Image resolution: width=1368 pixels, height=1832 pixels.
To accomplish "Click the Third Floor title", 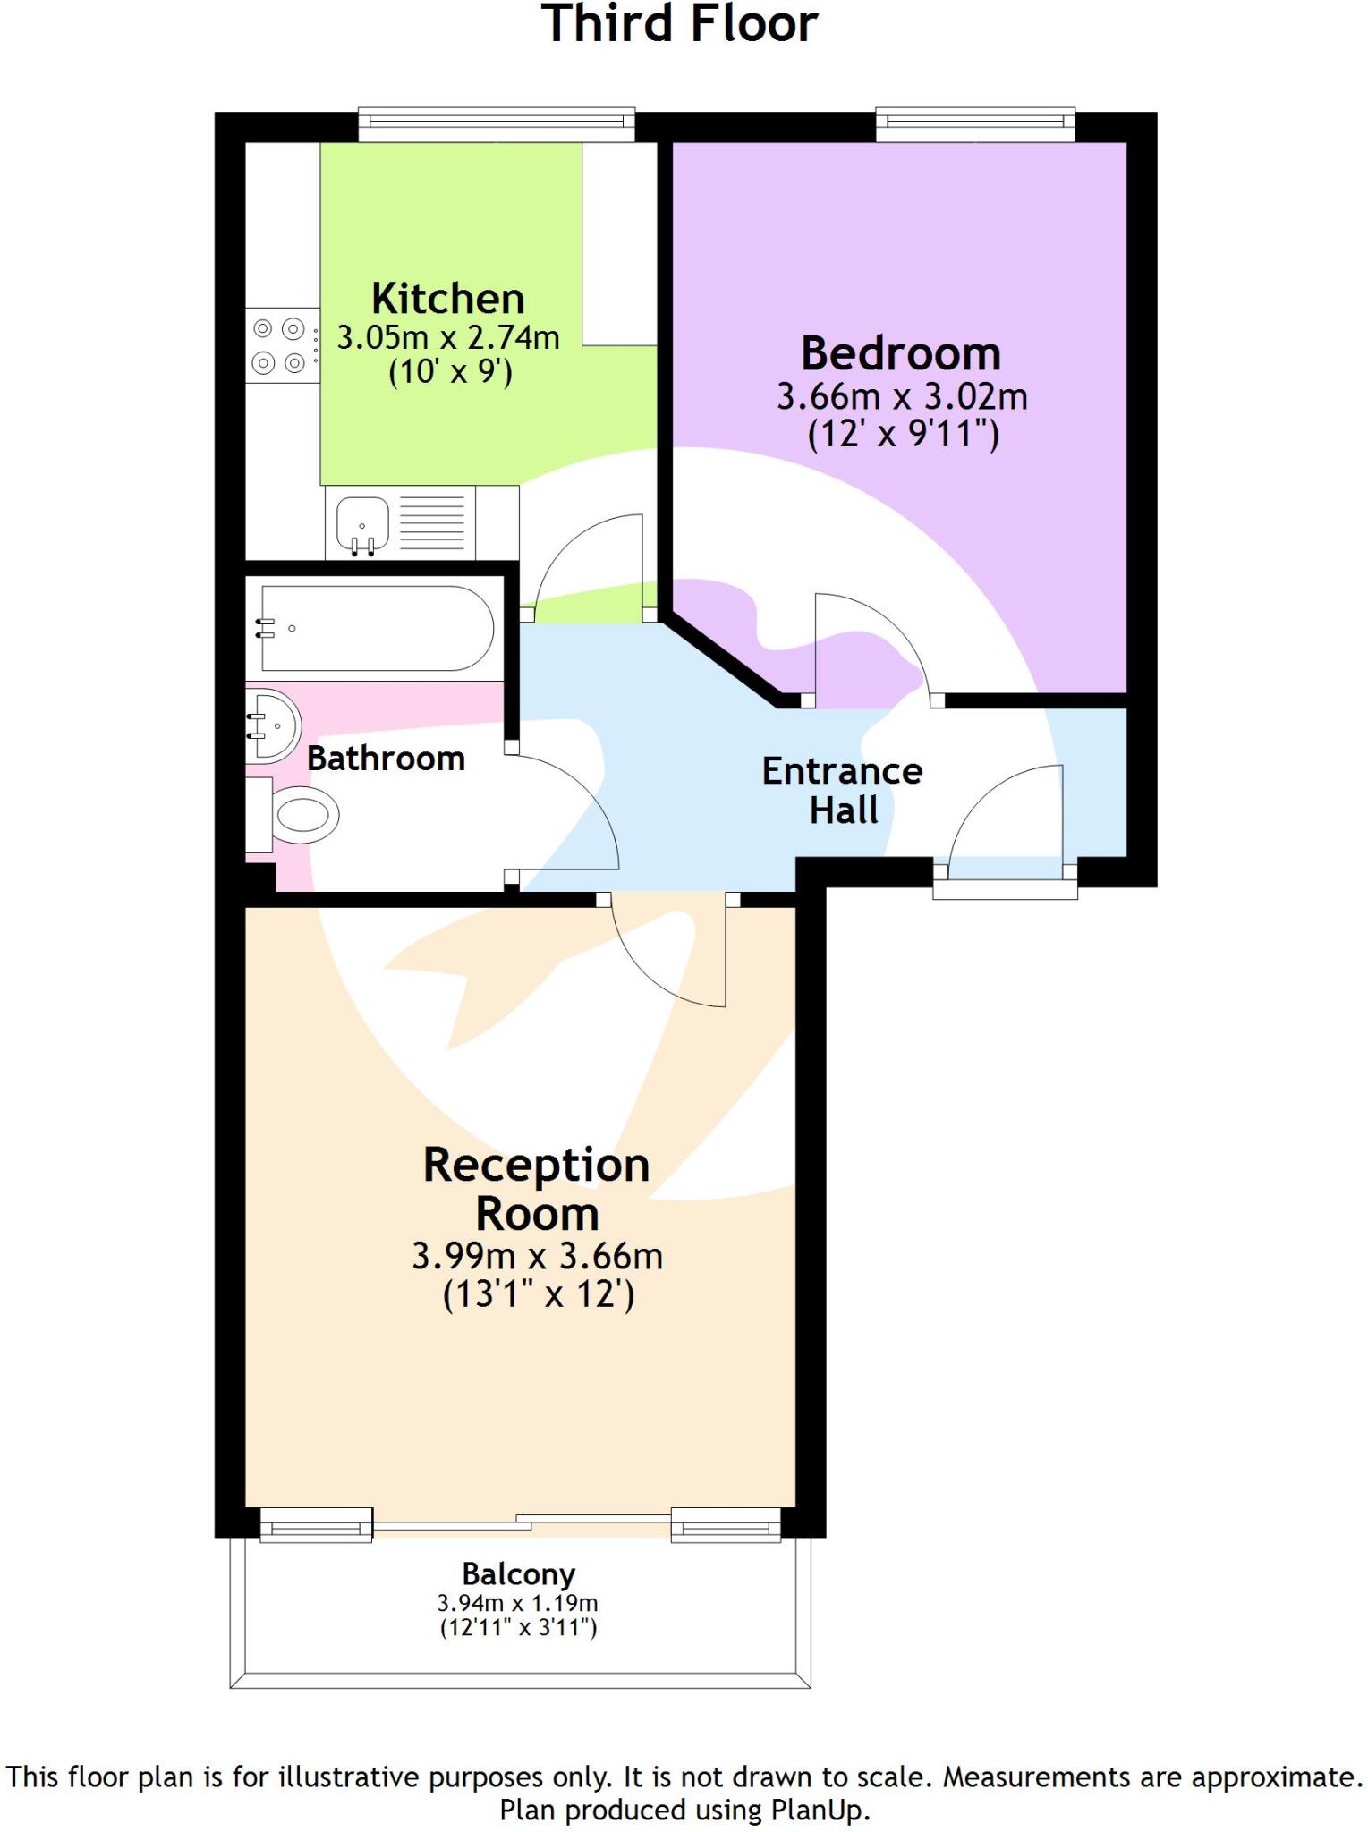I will pos(680,25).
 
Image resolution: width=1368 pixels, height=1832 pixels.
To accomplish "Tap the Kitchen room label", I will pos(447,299).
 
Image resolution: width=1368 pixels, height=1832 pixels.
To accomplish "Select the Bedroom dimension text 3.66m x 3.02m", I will pos(901,396).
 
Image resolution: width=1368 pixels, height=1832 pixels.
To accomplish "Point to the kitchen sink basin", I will pos(362,522).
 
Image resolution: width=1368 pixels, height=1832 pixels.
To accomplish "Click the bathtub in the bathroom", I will pos(376,628).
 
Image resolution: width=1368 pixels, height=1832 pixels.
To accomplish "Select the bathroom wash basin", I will pos(273,725).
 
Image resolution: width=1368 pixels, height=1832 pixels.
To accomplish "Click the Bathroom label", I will pos(386,759).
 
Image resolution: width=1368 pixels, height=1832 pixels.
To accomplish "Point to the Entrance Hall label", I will pos(842,790).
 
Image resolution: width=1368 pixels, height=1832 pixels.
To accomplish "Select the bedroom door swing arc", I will pos(863,644).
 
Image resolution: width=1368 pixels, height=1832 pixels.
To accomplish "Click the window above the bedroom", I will pos(975,124).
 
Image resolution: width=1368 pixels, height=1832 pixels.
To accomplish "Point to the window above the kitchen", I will pos(497,124).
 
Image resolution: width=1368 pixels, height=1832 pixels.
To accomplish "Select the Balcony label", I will pos(518,1573).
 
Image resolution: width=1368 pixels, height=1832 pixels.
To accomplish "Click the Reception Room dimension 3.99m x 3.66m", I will pos(537,1256).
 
